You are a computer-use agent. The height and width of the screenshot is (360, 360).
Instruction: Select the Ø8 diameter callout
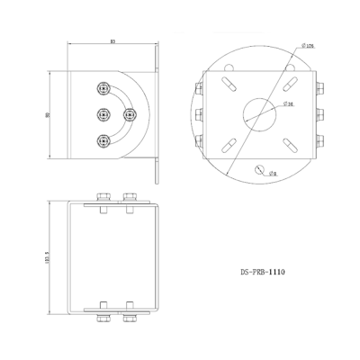pyautogui.click(x=274, y=176)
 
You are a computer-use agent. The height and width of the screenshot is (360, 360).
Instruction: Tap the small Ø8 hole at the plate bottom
pyautogui.click(x=259, y=169)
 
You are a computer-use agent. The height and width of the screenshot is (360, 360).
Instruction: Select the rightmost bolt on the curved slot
pyautogui.click(x=128, y=113)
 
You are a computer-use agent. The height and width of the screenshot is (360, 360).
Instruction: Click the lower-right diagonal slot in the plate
pyautogui.click(x=289, y=144)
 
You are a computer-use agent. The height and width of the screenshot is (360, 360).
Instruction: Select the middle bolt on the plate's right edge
pyautogui.click(x=319, y=113)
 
